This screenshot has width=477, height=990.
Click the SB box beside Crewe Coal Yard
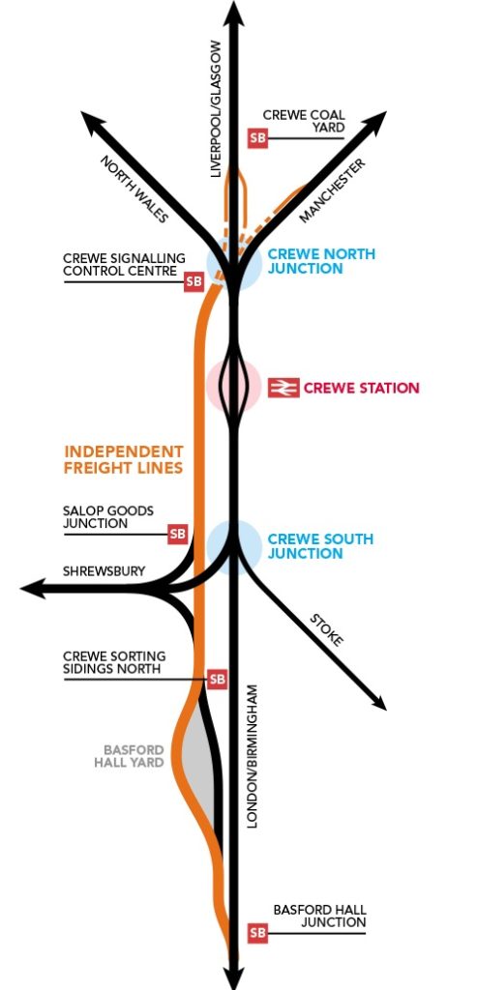[x=257, y=138]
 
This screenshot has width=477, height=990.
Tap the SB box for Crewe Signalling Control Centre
[x=194, y=281]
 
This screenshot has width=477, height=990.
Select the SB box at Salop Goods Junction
[x=178, y=534]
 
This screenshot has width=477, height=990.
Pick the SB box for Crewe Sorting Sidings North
[x=217, y=680]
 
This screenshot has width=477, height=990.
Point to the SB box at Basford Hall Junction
[x=257, y=933]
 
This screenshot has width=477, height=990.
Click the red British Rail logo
[x=283, y=388]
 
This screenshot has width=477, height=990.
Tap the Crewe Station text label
[x=362, y=388]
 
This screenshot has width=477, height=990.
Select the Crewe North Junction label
[x=321, y=261]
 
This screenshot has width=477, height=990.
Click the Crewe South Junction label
[x=320, y=546]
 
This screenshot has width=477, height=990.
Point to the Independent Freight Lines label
[x=124, y=459]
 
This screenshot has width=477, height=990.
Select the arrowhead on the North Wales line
[x=93, y=123]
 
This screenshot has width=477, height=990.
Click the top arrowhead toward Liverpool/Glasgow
[x=234, y=13]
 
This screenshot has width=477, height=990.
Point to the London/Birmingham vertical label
[x=253, y=756]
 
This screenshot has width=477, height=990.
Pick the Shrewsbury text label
[x=104, y=571]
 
